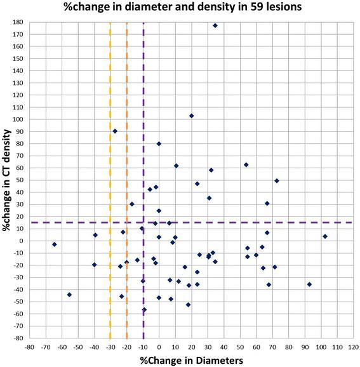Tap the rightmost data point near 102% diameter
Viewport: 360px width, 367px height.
(x=325, y=236)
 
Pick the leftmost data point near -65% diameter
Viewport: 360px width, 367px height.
(x=55, y=244)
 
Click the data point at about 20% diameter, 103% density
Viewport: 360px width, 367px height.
(x=191, y=116)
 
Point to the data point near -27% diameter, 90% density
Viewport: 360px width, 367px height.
(x=115, y=131)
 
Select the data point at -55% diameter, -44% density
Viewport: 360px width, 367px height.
(x=69, y=295)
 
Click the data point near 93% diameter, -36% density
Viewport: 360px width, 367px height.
(x=309, y=284)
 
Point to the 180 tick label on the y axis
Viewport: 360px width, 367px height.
(x=19, y=22)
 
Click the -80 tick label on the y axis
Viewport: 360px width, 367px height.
(x=19, y=338)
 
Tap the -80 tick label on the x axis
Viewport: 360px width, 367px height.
(x=29, y=347)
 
